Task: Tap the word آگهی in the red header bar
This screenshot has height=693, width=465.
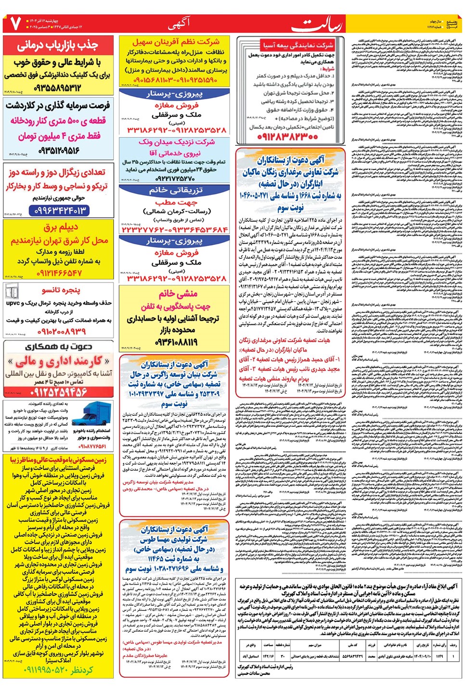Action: (179, 23)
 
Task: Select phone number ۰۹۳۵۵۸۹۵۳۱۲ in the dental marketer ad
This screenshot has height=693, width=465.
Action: (58, 88)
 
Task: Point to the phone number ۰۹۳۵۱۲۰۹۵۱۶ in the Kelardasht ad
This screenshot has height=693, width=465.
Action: (59, 151)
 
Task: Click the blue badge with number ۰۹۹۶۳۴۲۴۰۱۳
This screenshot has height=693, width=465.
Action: (59, 210)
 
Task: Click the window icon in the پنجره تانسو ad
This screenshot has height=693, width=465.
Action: (12, 291)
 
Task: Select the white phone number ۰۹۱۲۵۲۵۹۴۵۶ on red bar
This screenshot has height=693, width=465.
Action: (58, 392)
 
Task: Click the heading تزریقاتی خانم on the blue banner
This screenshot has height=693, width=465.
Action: (176, 191)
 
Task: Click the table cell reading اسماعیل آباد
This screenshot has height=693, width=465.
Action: (251, 656)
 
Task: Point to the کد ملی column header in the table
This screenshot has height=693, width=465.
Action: (352, 645)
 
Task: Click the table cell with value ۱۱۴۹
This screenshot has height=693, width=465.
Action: (439, 656)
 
